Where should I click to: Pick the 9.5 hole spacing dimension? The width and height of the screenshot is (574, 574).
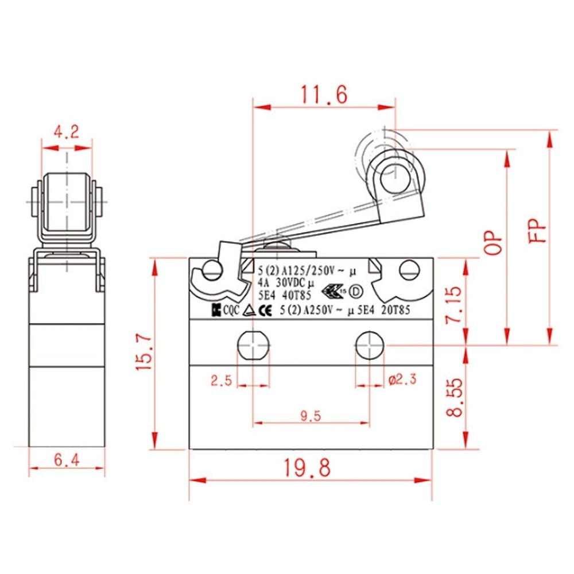(310, 416)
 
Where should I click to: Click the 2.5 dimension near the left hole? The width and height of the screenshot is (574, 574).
(221, 379)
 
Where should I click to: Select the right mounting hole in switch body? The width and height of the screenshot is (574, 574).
(370, 344)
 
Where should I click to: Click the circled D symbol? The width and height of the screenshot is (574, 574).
(355, 291)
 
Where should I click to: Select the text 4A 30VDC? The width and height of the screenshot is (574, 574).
(282, 282)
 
